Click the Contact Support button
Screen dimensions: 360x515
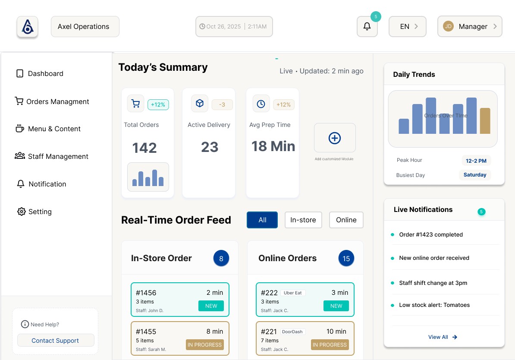click(56, 340)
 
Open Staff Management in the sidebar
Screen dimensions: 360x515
click(58, 156)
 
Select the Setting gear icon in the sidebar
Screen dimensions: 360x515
click(22, 212)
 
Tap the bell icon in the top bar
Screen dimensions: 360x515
click(367, 26)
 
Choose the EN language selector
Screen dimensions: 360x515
click(408, 26)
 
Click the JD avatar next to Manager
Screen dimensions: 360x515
click(449, 26)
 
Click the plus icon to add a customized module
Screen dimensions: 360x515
click(335, 138)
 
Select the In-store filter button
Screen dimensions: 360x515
click(303, 220)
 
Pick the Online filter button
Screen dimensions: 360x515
click(346, 220)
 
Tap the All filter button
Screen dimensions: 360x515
click(262, 220)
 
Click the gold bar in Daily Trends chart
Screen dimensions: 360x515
click(485, 121)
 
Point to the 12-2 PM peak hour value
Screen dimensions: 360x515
click(476, 161)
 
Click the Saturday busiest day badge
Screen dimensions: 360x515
click(475, 175)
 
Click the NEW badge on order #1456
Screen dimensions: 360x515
click(211, 306)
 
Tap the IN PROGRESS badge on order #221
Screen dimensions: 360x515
click(330, 344)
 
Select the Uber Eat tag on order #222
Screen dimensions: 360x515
click(293, 293)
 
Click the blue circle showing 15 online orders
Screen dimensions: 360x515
click(346, 258)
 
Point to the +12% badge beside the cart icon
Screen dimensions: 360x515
click(158, 104)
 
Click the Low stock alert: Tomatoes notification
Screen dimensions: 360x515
click(434, 305)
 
